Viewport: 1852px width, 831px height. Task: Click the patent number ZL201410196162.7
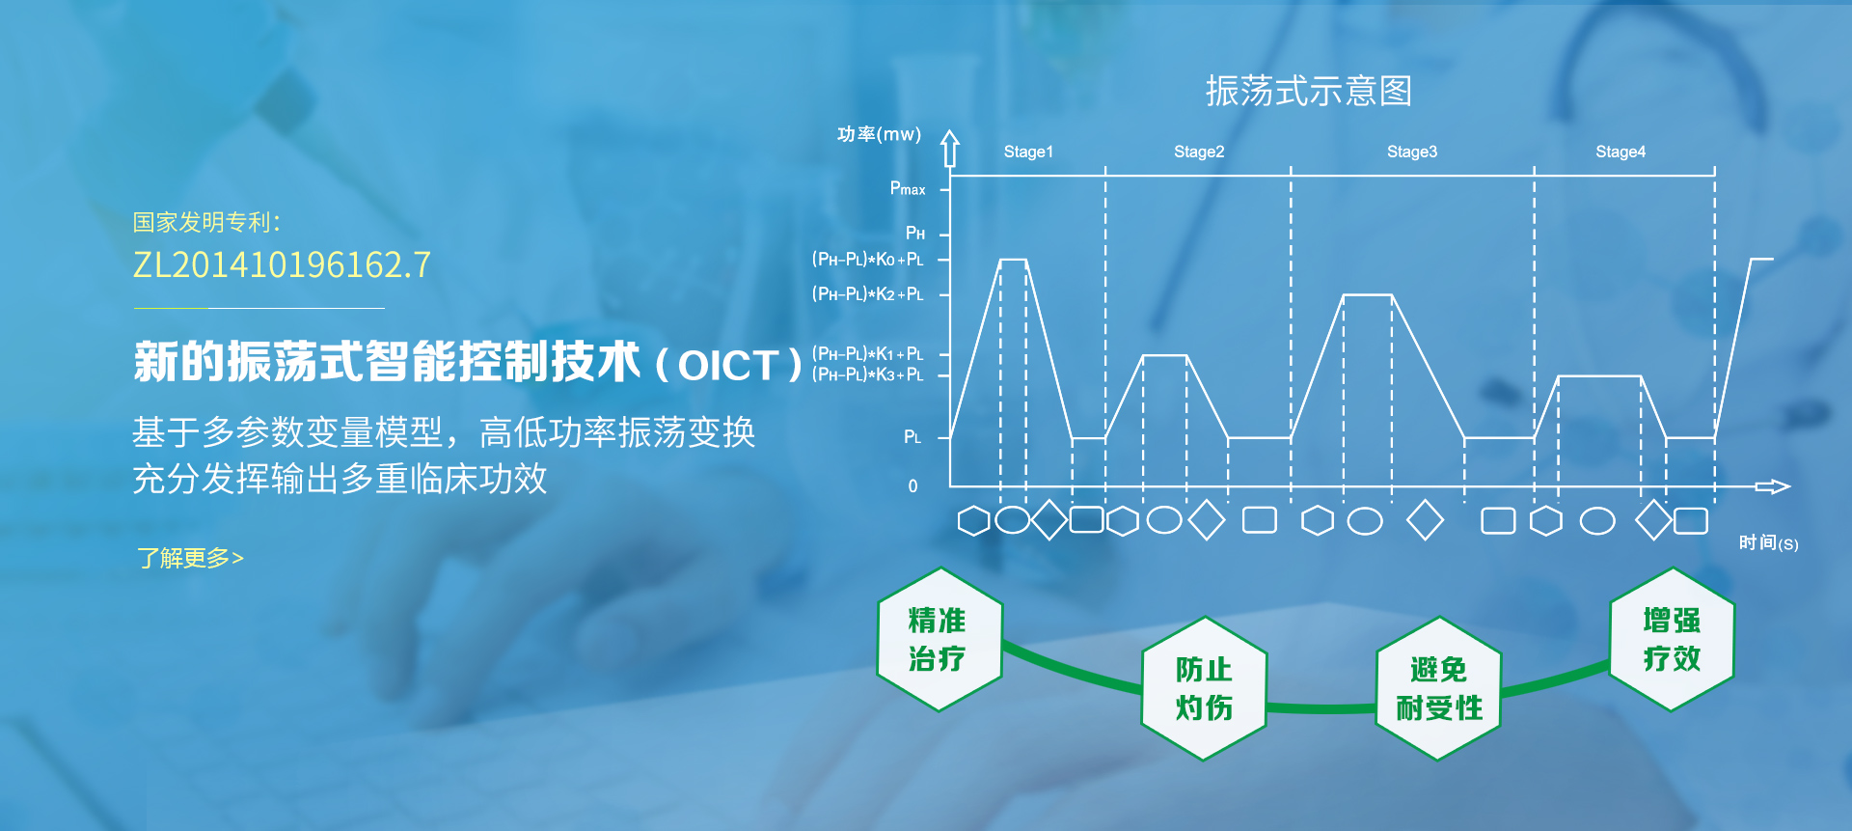click(282, 264)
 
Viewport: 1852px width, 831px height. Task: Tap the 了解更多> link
click(190, 558)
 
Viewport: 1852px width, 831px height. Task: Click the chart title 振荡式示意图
click(1309, 91)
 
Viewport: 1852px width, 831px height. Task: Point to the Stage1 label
click(1028, 152)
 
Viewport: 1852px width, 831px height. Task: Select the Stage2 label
click(1199, 152)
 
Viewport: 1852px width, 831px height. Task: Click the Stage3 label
click(1412, 152)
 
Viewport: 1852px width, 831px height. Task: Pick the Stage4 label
click(1620, 152)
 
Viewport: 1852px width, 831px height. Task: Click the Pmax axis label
click(908, 188)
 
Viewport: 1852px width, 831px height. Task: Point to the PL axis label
click(912, 437)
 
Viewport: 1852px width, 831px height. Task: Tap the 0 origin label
click(912, 486)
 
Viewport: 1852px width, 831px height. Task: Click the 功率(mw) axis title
click(879, 134)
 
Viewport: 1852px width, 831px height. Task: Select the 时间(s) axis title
click(1768, 543)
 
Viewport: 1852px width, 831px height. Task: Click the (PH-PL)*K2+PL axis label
click(868, 293)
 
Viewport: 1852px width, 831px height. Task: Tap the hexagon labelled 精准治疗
click(940, 639)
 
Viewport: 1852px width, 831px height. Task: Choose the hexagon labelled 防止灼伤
click(1204, 688)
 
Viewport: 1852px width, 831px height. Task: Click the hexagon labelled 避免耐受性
click(1438, 688)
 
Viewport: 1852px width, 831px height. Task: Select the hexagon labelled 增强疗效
click(1672, 639)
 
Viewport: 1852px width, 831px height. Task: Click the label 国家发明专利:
click(206, 222)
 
